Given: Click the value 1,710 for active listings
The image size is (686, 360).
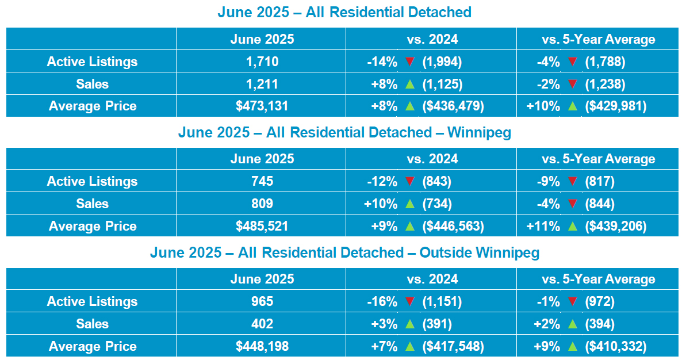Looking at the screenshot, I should tap(262, 62).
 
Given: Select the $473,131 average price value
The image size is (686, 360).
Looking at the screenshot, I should tap(262, 106).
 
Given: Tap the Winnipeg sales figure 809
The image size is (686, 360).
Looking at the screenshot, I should tap(262, 204).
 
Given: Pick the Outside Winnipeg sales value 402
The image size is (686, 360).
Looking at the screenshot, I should tap(262, 324).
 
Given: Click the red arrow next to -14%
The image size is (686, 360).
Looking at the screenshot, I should tap(410, 62).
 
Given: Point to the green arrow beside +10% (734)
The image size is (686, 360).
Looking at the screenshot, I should tap(410, 204).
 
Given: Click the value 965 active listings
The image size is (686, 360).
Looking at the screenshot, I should tap(262, 301).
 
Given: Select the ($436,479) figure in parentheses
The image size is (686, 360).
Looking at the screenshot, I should tap(453, 106).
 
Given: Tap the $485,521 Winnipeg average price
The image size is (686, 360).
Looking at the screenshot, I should tap(262, 226).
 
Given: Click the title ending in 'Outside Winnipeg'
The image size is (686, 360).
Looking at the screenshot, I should tap(344, 252).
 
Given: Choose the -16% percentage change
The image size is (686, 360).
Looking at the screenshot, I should tap(382, 301).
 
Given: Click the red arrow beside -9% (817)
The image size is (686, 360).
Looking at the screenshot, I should tap(572, 182).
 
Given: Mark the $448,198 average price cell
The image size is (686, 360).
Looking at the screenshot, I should tap(262, 346).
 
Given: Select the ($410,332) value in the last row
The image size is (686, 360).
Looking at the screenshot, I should tap(616, 346).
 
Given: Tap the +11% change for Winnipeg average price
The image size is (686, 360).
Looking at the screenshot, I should tap(543, 226).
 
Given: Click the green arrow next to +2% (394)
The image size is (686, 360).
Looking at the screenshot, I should tap(572, 324).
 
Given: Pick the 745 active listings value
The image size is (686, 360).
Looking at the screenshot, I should tap(262, 182).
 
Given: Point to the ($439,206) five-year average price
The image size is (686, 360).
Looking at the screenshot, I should tap(616, 226).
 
